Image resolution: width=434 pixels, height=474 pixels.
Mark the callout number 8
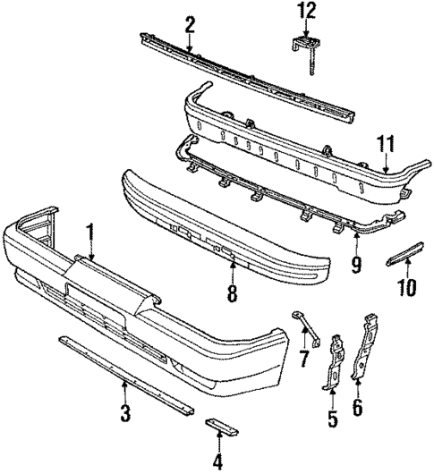click(232, 293)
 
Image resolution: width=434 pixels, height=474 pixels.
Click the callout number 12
click(308, 12)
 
